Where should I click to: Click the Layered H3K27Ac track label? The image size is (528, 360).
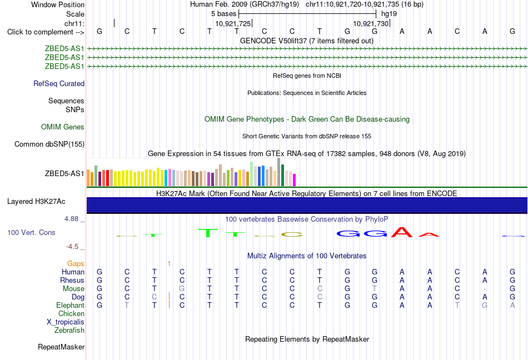pyautogui.click(x=36, y=202)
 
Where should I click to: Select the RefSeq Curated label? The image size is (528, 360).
pyautogui.click(x=59, y=83)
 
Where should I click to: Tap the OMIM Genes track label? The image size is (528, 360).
pyautogui.click(x=63, y=127)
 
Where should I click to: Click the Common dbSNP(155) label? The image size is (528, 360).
pyautogui.click(x=49, y=144)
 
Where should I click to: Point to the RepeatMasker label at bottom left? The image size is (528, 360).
pyautogui.click(x=61, y=347)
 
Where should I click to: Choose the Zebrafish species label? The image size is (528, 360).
pyautogui.click(x=69, y=330)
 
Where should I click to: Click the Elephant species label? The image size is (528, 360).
pyautogui.click(x=71, y=305)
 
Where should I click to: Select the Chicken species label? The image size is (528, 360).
pyautogui.click(x=71, y=313)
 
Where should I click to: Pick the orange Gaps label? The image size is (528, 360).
pyautogui.click(x=76, y=263)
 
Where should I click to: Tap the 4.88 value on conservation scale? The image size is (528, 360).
pyautogui.click(x=71, y=219)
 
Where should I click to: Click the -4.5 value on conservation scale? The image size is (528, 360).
pyautogui.click(x=72, y=247)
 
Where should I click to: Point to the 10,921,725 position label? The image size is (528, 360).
pyautogui.click(x=233, y=23)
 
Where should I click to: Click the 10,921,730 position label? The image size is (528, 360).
pyautogui.click(x=371, y=23)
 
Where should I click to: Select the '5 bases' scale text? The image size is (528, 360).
pyautogui.click(x=224, y=14)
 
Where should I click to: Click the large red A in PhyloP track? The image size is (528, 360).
pyautogui.click(x=402, y=232)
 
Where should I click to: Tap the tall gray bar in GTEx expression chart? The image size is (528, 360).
pyautogui.click(x=279, y=172)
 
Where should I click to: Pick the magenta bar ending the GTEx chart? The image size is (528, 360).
pyautogui.click(x=295, y=180)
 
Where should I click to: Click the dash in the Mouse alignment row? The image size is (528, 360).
pyautogui.click(x=485, y=289)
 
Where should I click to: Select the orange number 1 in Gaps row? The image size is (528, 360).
pyautogui.click(x=169, y=264)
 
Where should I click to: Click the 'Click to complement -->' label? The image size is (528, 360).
pyautogui.click(x=46, y=32)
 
